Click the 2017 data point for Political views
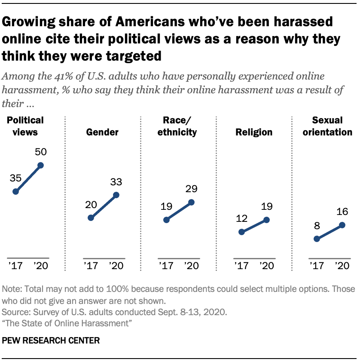tap(16, 192)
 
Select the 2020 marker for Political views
tap(41, 165)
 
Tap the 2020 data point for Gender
tap(116, 195)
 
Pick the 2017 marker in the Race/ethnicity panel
tap(167, 220)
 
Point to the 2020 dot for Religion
tap(266, 220)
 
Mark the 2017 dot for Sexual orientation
tap(317, 239)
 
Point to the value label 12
tap(241, 218)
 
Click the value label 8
tap(317, 225)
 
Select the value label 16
tap(342, 211)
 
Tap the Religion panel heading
tap(253, 132)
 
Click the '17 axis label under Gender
tap(91, 265)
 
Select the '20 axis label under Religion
tap(266, 265)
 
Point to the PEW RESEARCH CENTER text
tap(51, 341)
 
